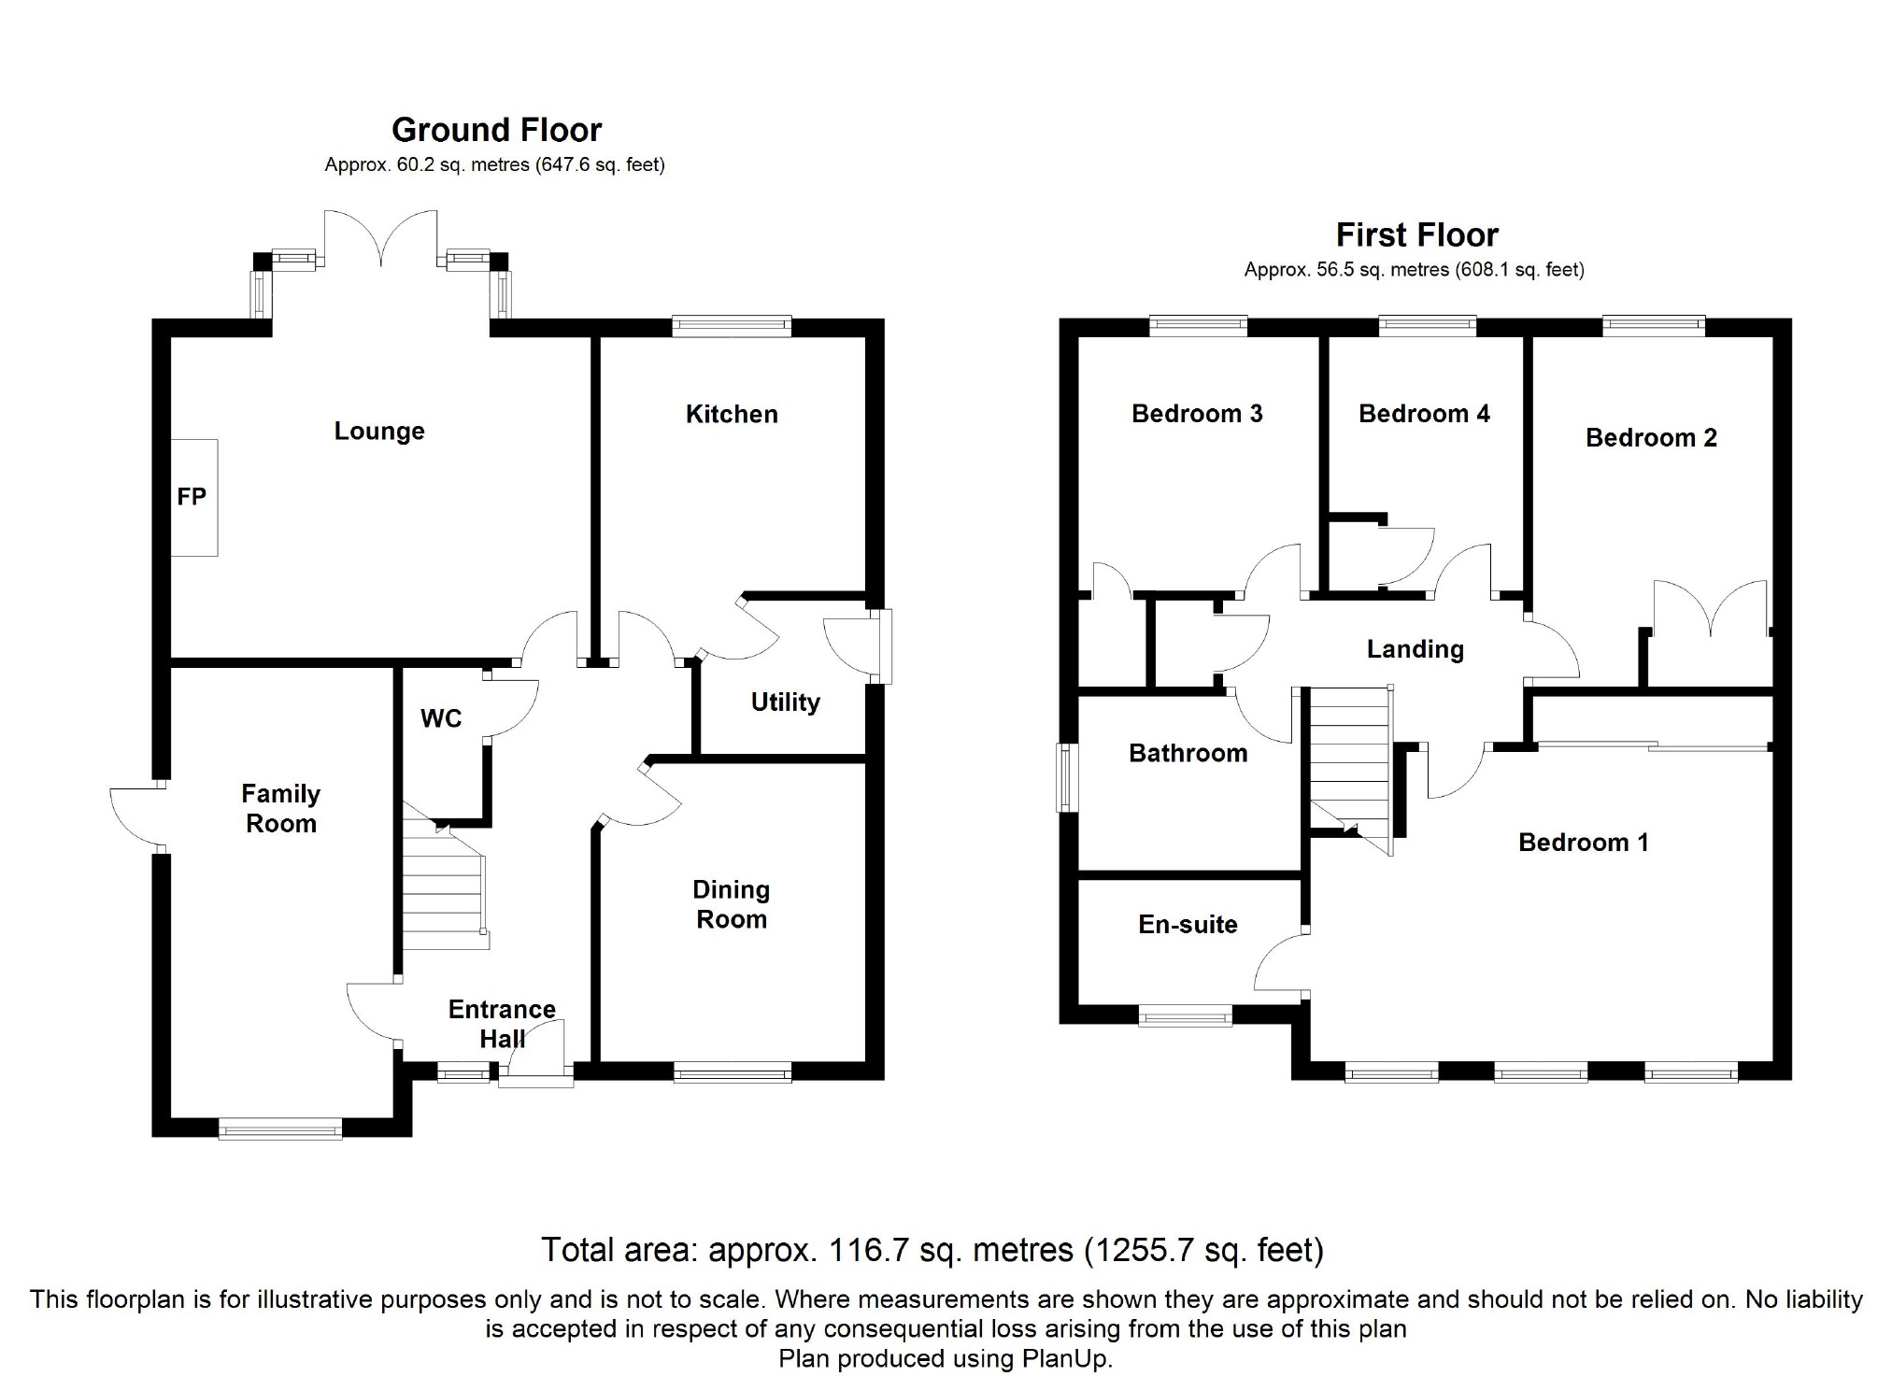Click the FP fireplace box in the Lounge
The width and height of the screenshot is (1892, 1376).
click(x=194, y=498)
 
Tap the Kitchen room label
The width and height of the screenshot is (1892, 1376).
click(x=732, y=414)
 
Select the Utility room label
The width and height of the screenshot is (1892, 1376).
click(x=785, y=702)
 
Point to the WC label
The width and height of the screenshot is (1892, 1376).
click(x=441, y=718)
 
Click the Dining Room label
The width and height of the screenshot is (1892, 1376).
click(x=732, y=904)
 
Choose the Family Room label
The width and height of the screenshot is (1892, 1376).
click(x=280, y=808)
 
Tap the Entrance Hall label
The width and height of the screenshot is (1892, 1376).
click(x=502, y=1024)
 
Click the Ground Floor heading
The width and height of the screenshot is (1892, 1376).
click(x=496, y=129)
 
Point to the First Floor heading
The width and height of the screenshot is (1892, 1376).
click(x=1416, y=234)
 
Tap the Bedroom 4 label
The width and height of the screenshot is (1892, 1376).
click(x=1424, y=413)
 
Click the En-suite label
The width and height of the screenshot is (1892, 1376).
click(x=1188, y=924)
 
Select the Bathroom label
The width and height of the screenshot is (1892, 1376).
click(x=1188, y=753)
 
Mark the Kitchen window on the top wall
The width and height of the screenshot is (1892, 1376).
click(x=732, y=326)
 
